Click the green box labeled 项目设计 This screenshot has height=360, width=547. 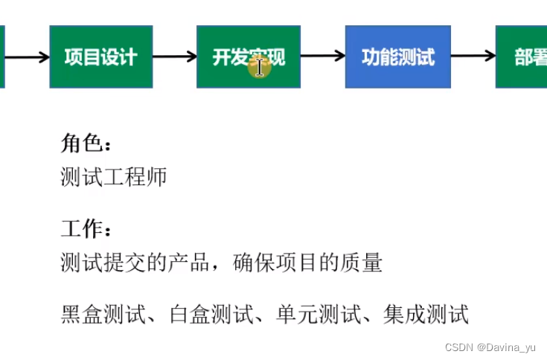pyautogui.click(x=101, y=57)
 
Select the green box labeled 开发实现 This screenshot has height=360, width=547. pyautogui.click(x=248, y=57)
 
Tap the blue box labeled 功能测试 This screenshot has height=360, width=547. pyautogui.click(x=397, y=57)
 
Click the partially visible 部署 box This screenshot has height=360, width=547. pyautogui.click(x=522, y=57)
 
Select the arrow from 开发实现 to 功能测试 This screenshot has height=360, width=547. pyautogui.click(x=322, y=57)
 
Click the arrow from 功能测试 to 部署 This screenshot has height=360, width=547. pyautogui.click(x=473, y=57)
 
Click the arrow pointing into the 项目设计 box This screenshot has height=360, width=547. pyautogui.click(x=28, y=57)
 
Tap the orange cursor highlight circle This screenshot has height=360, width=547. pyautogui.click(x=258, y=66)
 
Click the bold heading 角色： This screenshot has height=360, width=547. pyautogui.click(x=88, y=143)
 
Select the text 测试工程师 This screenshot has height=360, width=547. pyautogui.click(x=114, y=177)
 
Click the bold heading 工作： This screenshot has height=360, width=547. pyautogui.click(x=88, y=228)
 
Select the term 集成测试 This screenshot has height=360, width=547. pyautogui.click(x=426, y=314)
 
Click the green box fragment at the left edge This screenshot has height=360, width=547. pyautogui.click(x=2, y=57)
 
